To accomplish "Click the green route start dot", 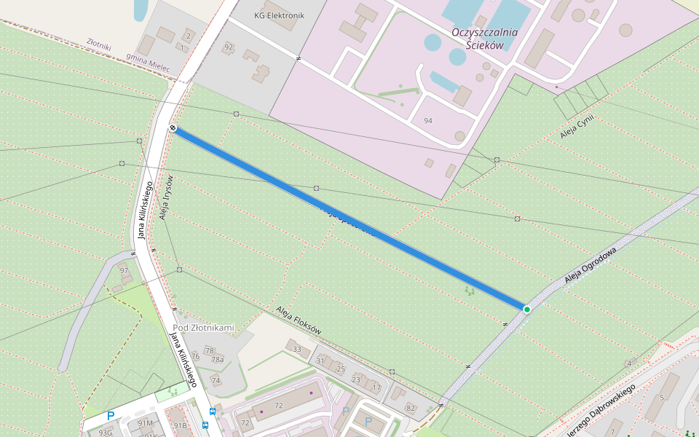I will coord(526,310).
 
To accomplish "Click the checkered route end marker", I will coord(173,128).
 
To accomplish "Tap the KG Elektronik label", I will coord(279,15).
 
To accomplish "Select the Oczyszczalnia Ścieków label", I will coord(484,39).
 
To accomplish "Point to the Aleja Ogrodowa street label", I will coord(590,265).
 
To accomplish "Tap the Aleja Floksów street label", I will coord(299,320).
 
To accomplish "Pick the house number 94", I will coord(427,120).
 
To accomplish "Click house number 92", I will coord(229,47).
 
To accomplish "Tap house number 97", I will coord(124,270).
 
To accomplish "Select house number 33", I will coord(296,350).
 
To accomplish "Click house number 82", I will coord(411,408).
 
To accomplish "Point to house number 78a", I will coord(217,360).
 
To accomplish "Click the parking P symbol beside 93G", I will coord(111,417).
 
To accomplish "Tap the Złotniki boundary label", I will coord(98,46).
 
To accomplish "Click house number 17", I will coord(376,387).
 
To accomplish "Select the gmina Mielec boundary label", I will coord(148,62).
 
